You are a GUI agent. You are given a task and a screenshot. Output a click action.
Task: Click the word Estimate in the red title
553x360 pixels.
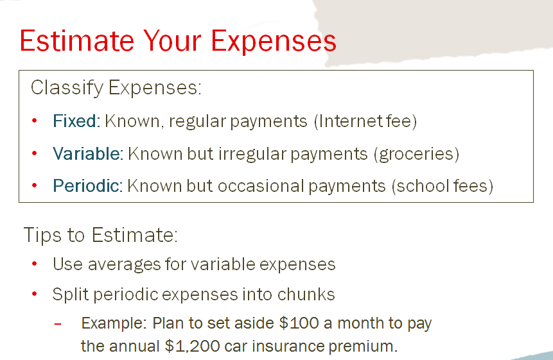(77, 40)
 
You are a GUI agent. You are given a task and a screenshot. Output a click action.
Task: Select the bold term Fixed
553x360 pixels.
(75, 121)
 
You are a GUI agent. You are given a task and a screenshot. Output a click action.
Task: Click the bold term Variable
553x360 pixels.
(87, 153)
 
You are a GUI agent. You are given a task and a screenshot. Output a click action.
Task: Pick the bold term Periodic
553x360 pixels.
(86, 185)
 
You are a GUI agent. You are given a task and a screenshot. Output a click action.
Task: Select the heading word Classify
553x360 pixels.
(67, 88)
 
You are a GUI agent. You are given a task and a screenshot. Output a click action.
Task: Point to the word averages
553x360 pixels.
(125, 264)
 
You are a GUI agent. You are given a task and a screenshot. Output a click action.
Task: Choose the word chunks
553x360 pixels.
(306, 295)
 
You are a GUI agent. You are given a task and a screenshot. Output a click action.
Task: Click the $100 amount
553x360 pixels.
(299, 323)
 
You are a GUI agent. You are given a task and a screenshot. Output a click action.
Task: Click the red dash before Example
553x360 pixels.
(58, 323)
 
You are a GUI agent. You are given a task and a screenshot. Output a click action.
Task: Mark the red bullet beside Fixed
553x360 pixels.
(34, 121)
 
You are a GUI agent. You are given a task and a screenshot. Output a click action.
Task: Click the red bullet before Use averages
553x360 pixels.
(34, 264)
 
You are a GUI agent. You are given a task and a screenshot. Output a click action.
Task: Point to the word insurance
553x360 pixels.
(288, 347)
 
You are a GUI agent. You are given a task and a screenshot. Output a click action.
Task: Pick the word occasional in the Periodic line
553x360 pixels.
(261, 185)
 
